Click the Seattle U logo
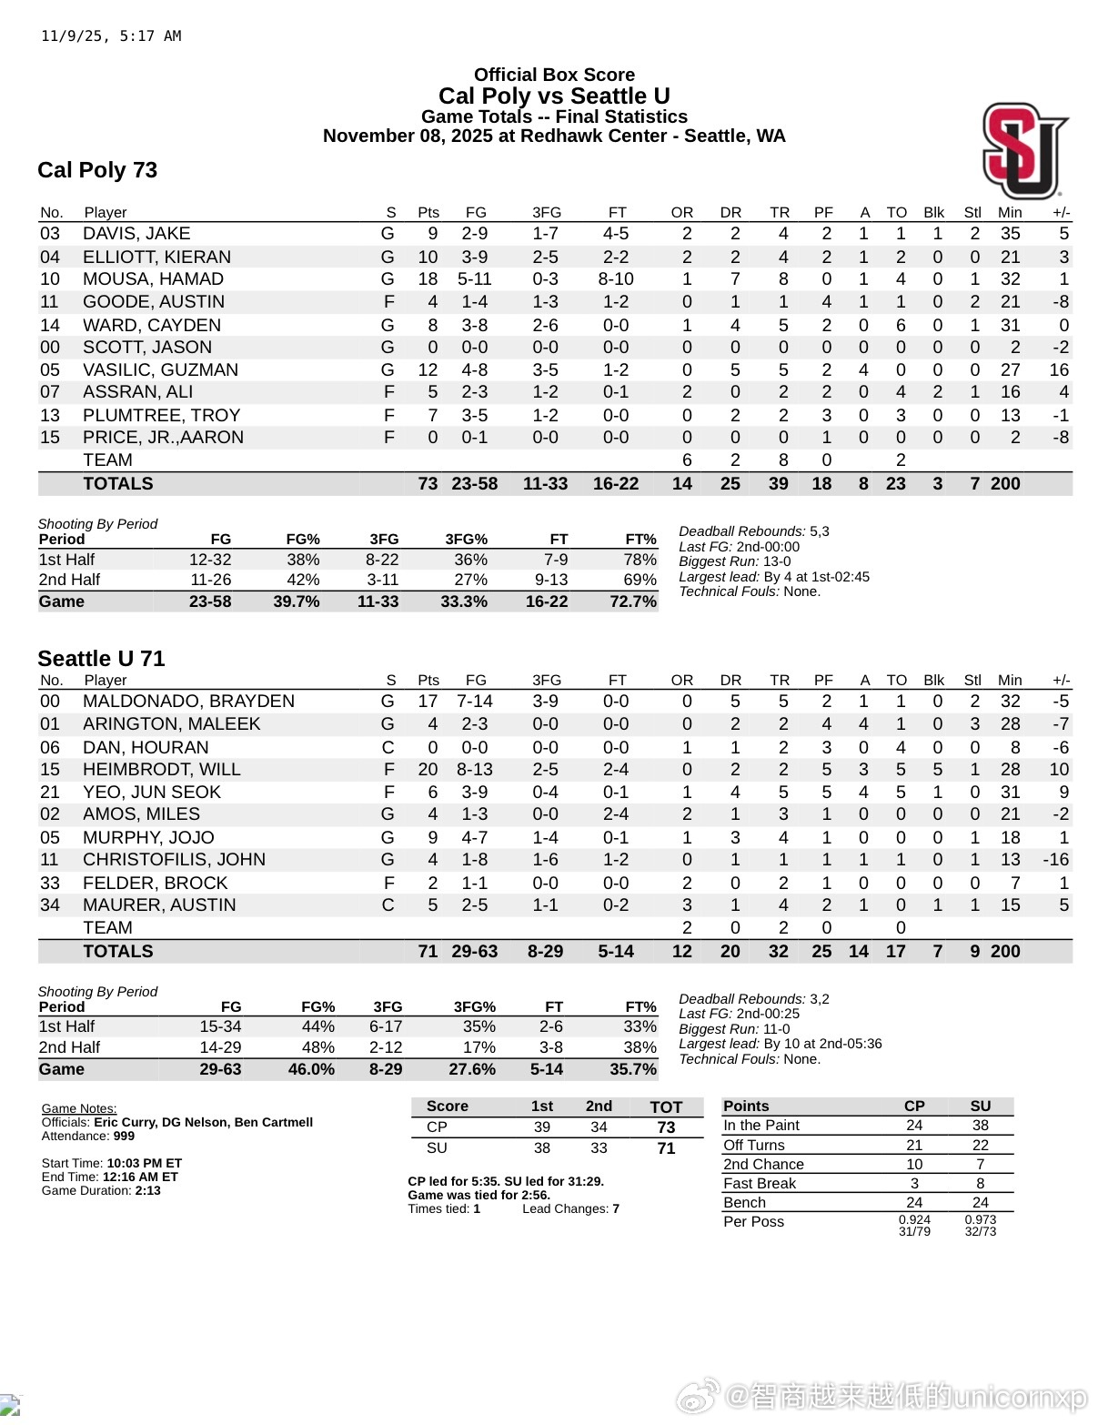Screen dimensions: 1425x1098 [1024, 151]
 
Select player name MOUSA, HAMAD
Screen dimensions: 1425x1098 [153, 279]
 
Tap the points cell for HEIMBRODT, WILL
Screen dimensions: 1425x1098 [428, 770]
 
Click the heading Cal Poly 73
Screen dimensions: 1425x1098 [97, 170]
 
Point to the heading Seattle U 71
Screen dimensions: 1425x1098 [101, 659]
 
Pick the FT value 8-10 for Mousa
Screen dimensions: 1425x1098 [616, 279]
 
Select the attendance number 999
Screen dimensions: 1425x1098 [124, 1136]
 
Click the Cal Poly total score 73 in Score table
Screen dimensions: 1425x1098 [666, 1127]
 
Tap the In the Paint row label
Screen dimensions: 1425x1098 [761, 1126]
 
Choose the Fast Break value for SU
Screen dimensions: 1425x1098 [980, 1183]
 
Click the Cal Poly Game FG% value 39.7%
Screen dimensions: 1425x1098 [297, 601]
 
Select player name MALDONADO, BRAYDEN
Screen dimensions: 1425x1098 [188, 702]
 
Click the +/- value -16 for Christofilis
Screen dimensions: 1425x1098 [1055, 860]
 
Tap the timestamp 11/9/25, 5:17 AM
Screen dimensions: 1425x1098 [111, 36]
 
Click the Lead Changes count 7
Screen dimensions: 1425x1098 [616, 1208]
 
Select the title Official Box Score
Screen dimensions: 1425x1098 [554, 75]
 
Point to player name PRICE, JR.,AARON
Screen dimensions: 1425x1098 [163, 438]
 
